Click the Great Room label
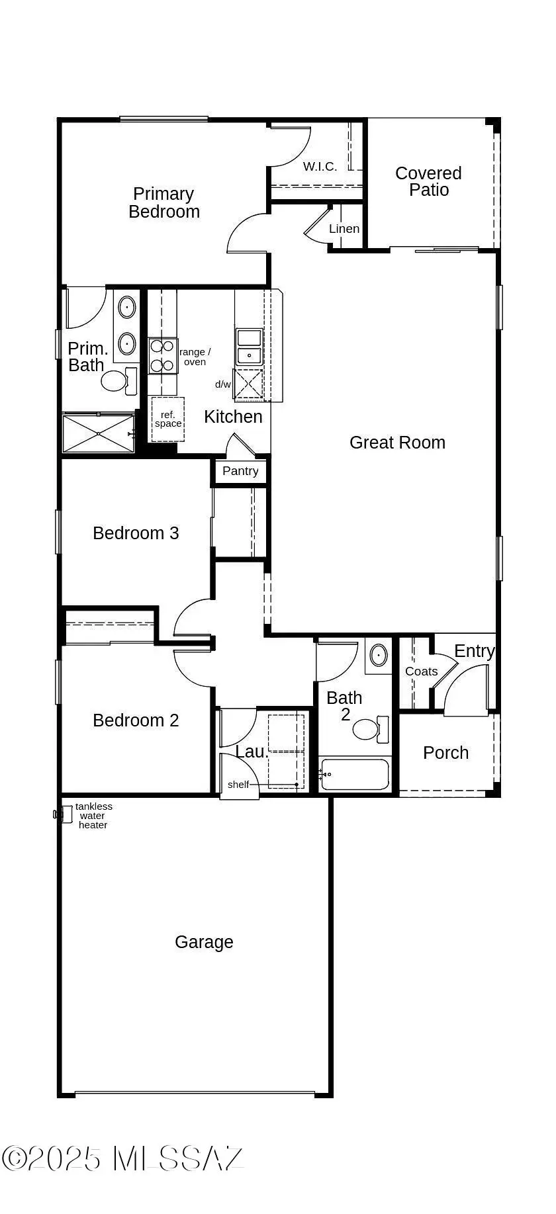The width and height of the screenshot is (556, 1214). pyautogui.click(x=397, y=443)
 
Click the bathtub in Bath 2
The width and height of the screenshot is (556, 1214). pyautogui.click(x=355, y=774)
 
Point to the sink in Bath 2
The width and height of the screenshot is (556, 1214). pyautogui.click(x=378, y=656)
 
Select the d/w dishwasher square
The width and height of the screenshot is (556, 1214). pyautogui.click(x=250, y=383)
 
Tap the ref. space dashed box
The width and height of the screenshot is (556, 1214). pyautogui.click(x=167, y=419)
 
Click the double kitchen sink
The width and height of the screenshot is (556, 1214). pyautogui.click(x=249, y=346)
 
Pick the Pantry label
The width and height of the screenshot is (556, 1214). pyautogui.click(x=240, y=471)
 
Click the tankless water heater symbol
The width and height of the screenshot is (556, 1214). pyautogui.click(x=65, y=814)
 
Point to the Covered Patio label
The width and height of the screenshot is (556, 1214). pyautogui.click(x=429, y=181)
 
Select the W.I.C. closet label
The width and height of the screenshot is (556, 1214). pyautogui.click(x=320, y=167)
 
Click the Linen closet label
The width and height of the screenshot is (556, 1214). pyautogui.click(x=344, y=229)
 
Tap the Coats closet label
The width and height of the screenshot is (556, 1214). pyautogui.click(x=421, y=672)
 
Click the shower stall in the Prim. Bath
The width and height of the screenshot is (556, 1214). pyautogui.click(x=98, y=433)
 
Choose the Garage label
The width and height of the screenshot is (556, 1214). pyautogui.click(x=204, y=942)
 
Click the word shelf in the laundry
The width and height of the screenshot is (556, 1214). pyautogui.click(x=238, y=785)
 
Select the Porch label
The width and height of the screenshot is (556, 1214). pyautogui.click(x=445, y=753)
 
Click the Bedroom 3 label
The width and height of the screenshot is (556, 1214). pyautogui.click(x=136, y=533)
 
